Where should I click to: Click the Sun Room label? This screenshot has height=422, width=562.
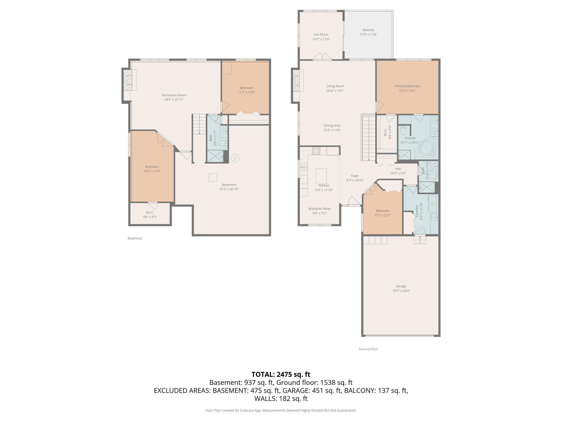tap(321, 34)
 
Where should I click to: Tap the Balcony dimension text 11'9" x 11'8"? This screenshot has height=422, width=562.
tap(368, 35)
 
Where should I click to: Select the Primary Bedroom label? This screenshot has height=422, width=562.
tap(407, 86)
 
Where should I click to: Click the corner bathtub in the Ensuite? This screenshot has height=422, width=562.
tap(426, 148)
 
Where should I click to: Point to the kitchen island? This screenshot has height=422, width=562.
tap(321, 176)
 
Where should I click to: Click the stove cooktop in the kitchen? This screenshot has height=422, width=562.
tap(316, 151)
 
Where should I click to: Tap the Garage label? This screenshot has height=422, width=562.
tap(401, 286)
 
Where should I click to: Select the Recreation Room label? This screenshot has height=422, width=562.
tap(174, 95)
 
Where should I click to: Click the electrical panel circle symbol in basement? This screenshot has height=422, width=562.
tap(235, 158)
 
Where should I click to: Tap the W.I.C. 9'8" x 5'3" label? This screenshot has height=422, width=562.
tap(150, 215)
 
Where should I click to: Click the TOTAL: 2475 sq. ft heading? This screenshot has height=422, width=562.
tap(281, 374)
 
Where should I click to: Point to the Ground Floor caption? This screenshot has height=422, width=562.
tap(368, 349)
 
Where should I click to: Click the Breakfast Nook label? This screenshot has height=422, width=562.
tap(319, 209)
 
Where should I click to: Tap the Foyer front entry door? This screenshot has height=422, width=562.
tap(354, 202)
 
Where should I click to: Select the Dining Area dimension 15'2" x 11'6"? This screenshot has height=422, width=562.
tap(332, 130)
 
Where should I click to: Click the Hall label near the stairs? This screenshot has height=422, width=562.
tap(398, 169)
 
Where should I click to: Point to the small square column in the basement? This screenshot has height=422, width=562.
tap(213, 177)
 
